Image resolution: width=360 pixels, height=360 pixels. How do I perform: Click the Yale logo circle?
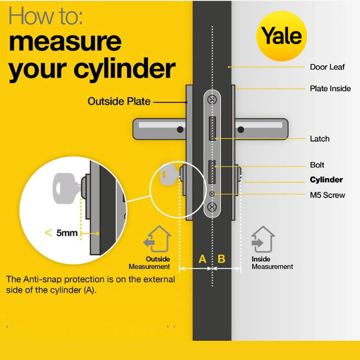tap(282, 36)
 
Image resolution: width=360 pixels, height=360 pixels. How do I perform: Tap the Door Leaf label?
tap(327, 67)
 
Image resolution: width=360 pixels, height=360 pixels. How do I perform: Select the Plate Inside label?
tap(330, 89)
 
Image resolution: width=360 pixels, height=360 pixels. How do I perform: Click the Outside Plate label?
tap(119, 101)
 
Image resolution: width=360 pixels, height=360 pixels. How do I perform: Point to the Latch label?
tap(320, 139)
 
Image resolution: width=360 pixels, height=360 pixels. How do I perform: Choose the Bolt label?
tap(317, 165)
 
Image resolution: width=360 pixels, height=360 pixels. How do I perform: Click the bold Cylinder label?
tap(326, 180)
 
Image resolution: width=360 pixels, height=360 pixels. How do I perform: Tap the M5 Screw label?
tap(327, 195)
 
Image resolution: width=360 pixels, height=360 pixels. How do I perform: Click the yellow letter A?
tap(202, 259)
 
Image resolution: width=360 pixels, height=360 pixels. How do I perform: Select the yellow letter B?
tap(221, 259)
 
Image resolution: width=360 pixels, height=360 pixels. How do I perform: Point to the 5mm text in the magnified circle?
tap(67, 233)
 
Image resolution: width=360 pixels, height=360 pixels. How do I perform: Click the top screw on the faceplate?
tap(212, 99)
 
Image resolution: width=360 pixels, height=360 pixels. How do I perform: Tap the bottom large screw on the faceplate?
tap(212, 207)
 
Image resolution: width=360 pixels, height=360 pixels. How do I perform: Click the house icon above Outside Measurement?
tap(157, 239)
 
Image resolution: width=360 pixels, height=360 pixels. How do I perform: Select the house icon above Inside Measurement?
tap(263, 239)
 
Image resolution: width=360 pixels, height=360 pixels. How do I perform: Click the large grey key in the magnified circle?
tap(66, 188)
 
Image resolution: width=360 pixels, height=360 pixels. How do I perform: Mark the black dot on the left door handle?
tap(180, 129)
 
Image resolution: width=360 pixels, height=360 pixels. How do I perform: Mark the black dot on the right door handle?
tap(240, 130)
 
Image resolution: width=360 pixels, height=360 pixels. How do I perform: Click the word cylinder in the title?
tap(125, 68)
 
